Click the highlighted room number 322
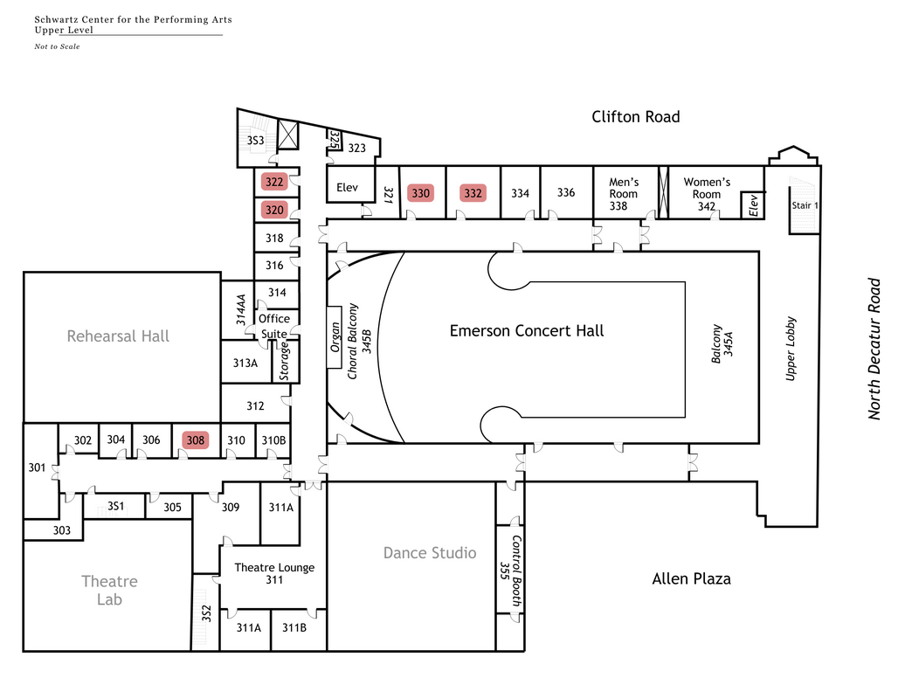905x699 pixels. (x=274, y=182)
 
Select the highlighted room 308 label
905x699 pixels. (x=195, y=440)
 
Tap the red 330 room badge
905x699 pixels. (x=421, y=193)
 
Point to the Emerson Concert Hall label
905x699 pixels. (x=527, y=331)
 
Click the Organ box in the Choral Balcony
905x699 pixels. (x=335, y=337)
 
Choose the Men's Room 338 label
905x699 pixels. (x=624, y=194)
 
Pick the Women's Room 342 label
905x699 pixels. (x=707, y=194)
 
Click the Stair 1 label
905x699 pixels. (x=805, y=205)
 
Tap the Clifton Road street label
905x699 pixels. (x=635, y=116)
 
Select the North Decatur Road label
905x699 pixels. (x=874, y=349)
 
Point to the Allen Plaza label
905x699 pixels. (x=692, y=579)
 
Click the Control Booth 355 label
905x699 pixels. (x=511, y=571)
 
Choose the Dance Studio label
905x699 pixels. (x=430, y=553)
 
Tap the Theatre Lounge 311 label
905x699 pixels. (x=274, y=574)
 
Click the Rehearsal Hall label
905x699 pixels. (x=118, y=336)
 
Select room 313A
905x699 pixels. (x=245, y=363)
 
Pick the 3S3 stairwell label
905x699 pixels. (x=256, y=141)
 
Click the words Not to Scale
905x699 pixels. (x=57, y=47)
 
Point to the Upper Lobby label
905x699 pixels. (x=791, y=349)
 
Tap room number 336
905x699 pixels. (x=566, y=192)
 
